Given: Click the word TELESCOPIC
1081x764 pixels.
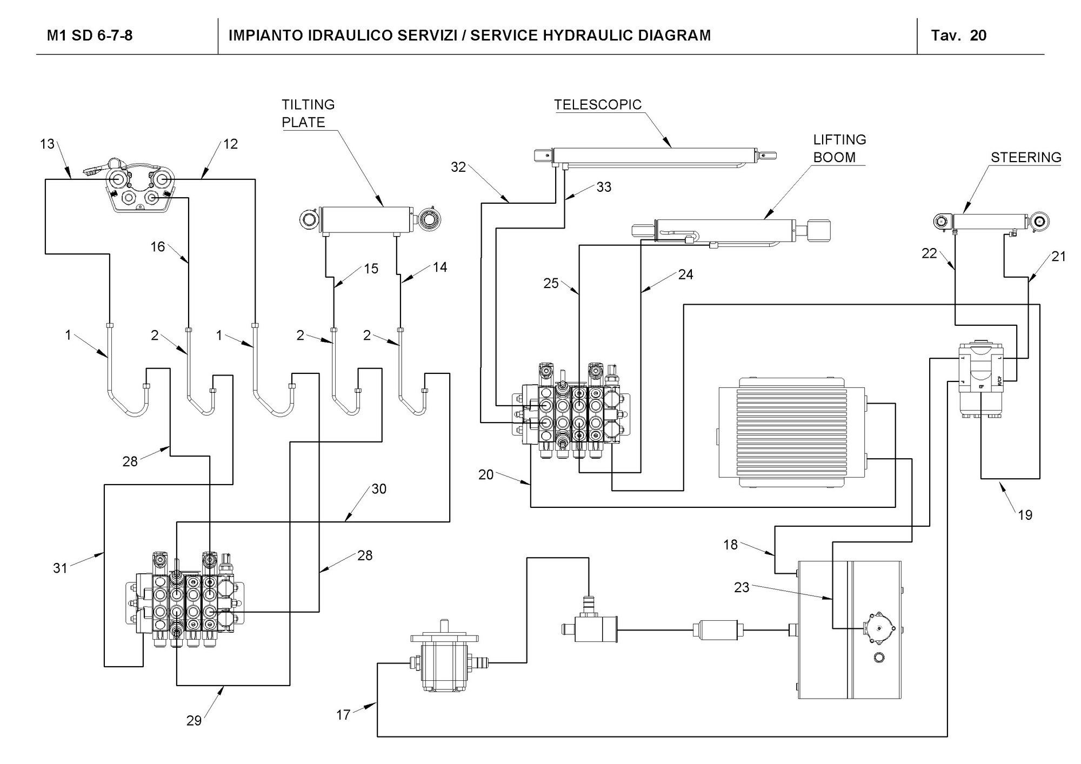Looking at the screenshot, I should (598, 104).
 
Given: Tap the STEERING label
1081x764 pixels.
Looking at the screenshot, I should (1026, 157).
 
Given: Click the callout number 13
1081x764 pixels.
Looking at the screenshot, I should (48, 144).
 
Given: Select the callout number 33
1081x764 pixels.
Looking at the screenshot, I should (604, 187).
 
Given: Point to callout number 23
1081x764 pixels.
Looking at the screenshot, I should (742, 587).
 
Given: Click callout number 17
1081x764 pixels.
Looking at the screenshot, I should (343, 715).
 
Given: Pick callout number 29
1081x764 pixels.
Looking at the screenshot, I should (194, 720).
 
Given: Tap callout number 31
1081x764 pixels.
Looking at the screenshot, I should (60, 568).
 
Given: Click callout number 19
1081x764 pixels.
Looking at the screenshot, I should (1025, 515).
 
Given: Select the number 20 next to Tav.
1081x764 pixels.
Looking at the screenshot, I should (978, 36).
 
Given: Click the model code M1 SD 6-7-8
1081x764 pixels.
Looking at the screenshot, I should (90, 36).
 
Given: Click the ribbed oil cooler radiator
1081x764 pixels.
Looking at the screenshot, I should (791, 433).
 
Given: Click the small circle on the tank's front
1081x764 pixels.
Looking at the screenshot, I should (879, 658).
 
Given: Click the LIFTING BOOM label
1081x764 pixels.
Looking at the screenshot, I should (839, 149).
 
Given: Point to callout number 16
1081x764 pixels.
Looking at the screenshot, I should (157, 247).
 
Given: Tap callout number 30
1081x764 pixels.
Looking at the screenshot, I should (379, 489).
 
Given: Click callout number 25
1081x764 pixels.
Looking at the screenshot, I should (551, 283).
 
